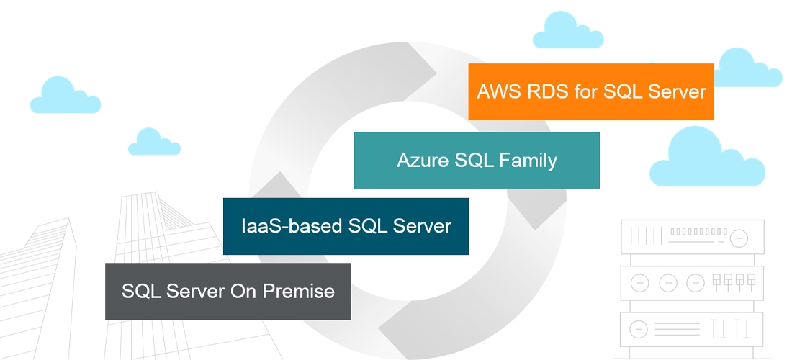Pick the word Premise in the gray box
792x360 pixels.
click(300, 292)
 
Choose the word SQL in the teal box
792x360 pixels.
click(473, 160)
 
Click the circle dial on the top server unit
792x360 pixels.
click(739, 237)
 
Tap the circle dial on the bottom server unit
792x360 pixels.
click(639, 330)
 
